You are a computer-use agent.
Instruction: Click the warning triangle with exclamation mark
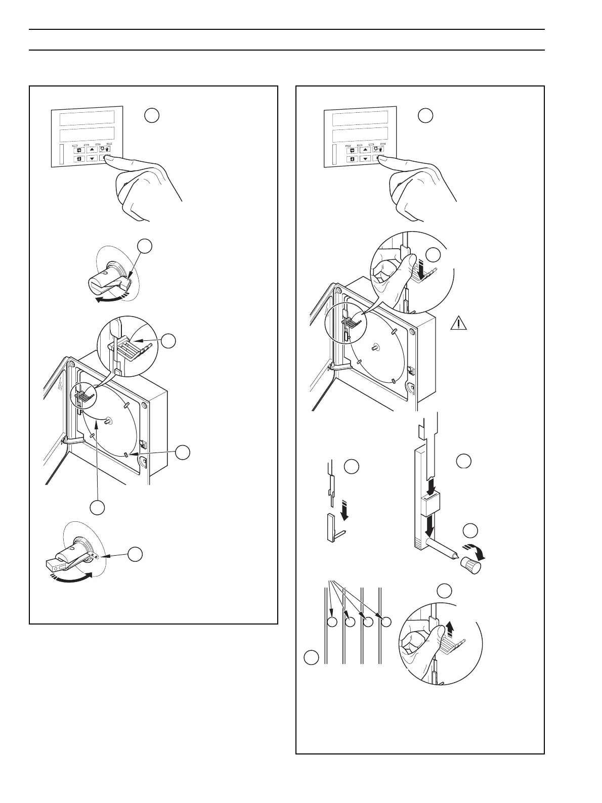tap(458, 322)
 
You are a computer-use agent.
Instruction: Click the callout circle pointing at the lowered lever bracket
tap(134, 554)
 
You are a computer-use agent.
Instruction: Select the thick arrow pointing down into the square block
tap(429, 486)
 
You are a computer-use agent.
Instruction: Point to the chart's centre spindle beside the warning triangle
tap(374, 348)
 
